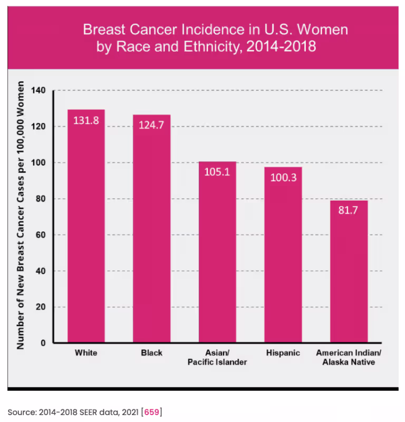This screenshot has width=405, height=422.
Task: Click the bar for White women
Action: click(86, 227)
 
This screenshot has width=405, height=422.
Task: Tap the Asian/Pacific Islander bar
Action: click(217, 254)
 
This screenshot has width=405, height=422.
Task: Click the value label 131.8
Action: click(86, 120)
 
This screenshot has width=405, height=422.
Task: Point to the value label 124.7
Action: click(151, 125)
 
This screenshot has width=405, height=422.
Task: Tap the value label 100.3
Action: click(283, 177)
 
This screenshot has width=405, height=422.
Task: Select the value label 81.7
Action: click(349, 211)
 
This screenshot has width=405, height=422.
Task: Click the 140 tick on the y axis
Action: click(39, 91)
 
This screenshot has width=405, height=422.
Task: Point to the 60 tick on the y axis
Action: click(41, 235)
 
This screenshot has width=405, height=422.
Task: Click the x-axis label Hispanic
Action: click(283, 353)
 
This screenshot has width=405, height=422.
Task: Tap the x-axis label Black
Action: click(151, 353)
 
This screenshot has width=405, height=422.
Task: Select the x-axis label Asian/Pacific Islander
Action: click(217, 357)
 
